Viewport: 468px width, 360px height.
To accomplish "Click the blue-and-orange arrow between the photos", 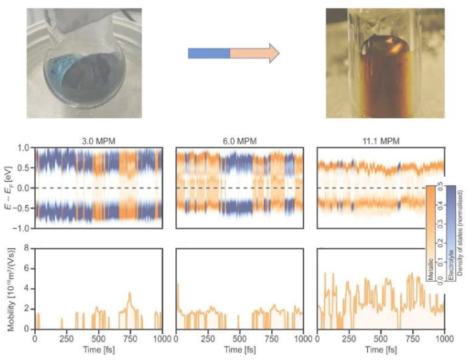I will tap(233, 53).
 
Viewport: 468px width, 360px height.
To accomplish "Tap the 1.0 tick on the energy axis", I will tap(24, 148).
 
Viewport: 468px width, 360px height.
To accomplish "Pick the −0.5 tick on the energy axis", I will tap(22, 208).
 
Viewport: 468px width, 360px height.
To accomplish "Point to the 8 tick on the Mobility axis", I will tap(27, 249).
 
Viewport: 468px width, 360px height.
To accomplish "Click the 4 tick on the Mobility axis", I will tap(27, 289).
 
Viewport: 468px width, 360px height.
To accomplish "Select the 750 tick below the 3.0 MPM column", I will tap(130, 336).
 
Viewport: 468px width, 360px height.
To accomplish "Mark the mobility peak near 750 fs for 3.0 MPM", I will tap(130, 293).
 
